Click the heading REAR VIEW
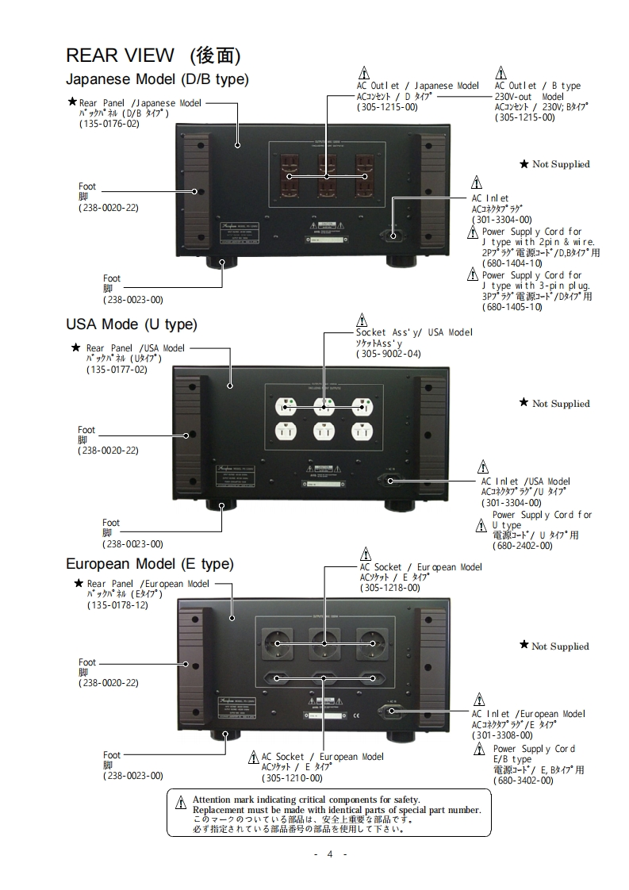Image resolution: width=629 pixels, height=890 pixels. click(x=119, y=55)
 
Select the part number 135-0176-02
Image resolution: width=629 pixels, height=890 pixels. click(x=109, y=124)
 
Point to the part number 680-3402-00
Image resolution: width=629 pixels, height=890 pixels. click(x=523, y=781)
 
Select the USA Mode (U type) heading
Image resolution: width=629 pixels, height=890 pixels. click(x=131, y=324)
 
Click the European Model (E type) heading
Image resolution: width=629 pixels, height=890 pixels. click(x=149, y=565)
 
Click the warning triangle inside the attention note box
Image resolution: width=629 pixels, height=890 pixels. click(x=181, y=802)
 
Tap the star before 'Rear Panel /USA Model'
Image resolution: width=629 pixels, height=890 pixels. click(x=76, y=347)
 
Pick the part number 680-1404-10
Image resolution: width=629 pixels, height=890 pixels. click(x=512, y=263)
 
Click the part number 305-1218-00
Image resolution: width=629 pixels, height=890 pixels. click(x=389, y=588)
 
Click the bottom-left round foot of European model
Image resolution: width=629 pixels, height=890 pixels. click(x=221, y=735)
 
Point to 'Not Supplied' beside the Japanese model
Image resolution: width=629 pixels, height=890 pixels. click(x=561, y=164)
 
